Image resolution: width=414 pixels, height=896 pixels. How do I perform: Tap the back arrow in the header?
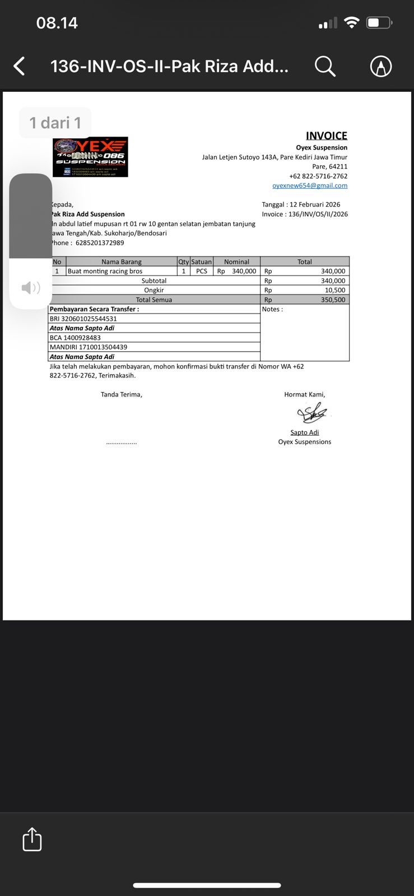click(20, 66)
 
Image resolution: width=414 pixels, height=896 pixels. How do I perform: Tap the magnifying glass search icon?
click(324, 66)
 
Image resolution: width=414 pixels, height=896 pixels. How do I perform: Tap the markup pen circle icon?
click(381, 66)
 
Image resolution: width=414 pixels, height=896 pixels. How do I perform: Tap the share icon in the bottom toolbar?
click(32, 839)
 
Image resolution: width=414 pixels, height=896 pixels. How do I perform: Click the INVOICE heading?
click(326, 136)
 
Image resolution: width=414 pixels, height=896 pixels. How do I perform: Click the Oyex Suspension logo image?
click(90, 157)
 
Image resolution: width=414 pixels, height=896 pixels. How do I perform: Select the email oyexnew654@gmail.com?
click(310, 185)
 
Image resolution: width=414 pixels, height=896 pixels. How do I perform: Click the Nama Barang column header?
click(121, 262)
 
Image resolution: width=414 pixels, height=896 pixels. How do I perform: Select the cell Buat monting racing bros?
click(105, 271)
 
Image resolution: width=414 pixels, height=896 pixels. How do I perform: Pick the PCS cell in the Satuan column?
click(202, 271)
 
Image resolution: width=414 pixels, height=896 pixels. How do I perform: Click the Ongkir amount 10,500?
click(335, 290)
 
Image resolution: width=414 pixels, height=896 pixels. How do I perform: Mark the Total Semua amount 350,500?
click(333, 300)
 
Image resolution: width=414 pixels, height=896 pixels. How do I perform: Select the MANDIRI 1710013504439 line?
click(89, 347)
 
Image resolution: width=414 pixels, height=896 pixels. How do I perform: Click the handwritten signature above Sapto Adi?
click(313, 413)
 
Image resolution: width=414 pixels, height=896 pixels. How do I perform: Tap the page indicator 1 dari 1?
click(55, 123)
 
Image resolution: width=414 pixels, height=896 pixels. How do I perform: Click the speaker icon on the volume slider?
click(30, 288)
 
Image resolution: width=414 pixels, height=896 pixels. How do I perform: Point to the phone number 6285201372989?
click(100, 242)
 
